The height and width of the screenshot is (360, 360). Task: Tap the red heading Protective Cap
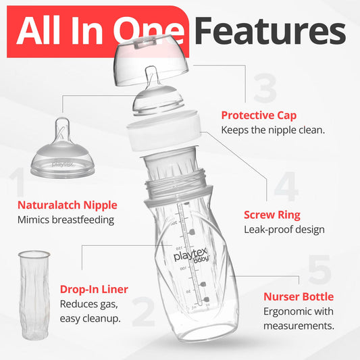[x=258, y=115]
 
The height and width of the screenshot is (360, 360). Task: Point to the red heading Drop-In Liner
[x=94, y=289]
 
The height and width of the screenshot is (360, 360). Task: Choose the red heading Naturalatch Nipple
[x=68, y=205]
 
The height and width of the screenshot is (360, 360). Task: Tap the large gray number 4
[x=286, y=186]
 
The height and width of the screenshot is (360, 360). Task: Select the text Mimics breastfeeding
[x=66, y=220]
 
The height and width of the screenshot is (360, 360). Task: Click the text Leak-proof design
[x=284, y=230]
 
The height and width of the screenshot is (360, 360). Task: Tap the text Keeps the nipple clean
[x=273, y=129]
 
